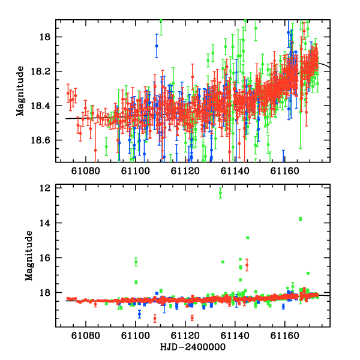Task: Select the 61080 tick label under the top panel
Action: pyautogui.click(x=86, y=171)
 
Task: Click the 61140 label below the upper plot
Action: pyautogui.click(x=235, y=171)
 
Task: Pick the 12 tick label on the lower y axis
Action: pyautogui.click(x=44, y=188)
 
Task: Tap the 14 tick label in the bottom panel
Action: pyautogui.click(x=44, y=223)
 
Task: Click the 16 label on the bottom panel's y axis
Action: pyautogui.click(x=44, y=258)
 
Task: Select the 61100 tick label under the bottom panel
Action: pyautogui.click(x=136, y=336)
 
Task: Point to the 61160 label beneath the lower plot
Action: pyautogui.click(x=284, y=336)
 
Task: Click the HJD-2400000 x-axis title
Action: pyautogui.click(x=193, y=347)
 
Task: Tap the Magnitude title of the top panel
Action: pyautogui.click(x=20, y=91)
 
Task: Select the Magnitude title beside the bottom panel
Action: pyautogui.click(x=29, y=256)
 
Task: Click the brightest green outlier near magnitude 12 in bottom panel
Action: pyautogui.click(x=220, y=193)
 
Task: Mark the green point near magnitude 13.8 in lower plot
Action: pyautogui.click(x=301, y=219)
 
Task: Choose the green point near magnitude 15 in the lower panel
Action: pyautogui.click(x=247, y=238)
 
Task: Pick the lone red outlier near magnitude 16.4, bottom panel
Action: pyautogui.click(x=247, y=265)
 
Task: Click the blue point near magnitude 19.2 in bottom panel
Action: pyautogui.click(x=139, y=314)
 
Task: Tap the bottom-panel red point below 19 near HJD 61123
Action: pyautogui.click(x=192, y=318)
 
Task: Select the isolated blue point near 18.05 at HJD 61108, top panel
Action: pyautogui.click(x=157, y=46)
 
